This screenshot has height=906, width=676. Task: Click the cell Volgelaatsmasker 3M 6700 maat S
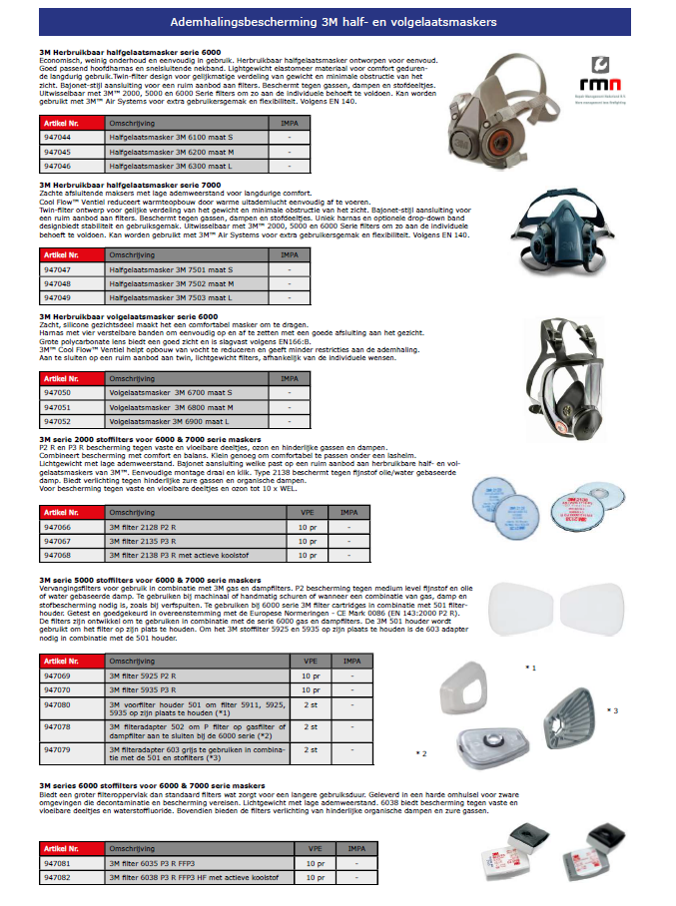click(x=169, y=393)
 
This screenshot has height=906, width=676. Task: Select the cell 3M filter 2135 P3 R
click(x=151, y=540)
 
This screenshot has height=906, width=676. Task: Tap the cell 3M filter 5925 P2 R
click(x=151, y=676)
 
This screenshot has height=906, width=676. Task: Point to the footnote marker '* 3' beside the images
click(x=613, y=709)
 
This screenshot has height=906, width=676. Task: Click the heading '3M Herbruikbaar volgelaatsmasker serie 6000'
click(x=128, y=315)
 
